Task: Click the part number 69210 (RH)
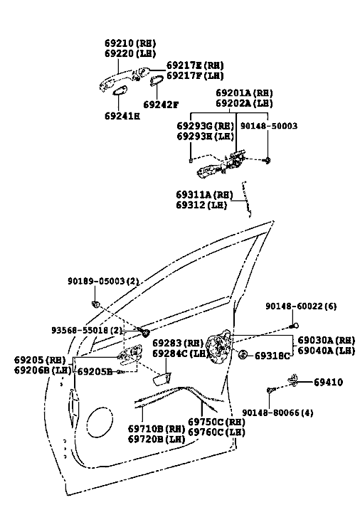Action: coord(130,43)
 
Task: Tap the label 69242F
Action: coord(161,105)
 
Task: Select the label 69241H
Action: coord(122,116)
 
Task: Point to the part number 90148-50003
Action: coord(269,126)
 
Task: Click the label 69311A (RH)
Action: coord(204,195)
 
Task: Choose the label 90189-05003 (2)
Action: coord(103,281)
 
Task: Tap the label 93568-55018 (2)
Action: coord(88,331)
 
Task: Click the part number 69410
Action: coord(329,382)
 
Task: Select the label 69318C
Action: coord(272,356)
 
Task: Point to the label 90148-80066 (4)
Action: coord(277,412)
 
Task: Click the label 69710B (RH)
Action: coord(157,429)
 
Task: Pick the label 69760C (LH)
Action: coord(216,432)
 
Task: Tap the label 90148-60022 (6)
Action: coord(301,307)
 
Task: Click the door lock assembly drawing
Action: coord(218,347)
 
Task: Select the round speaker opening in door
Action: coord(100,422)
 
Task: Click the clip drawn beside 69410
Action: coord(293,379)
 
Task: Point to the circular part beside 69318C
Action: coord(243,354)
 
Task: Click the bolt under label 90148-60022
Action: coord(294,326)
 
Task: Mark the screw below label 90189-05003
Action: coord(95,304)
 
